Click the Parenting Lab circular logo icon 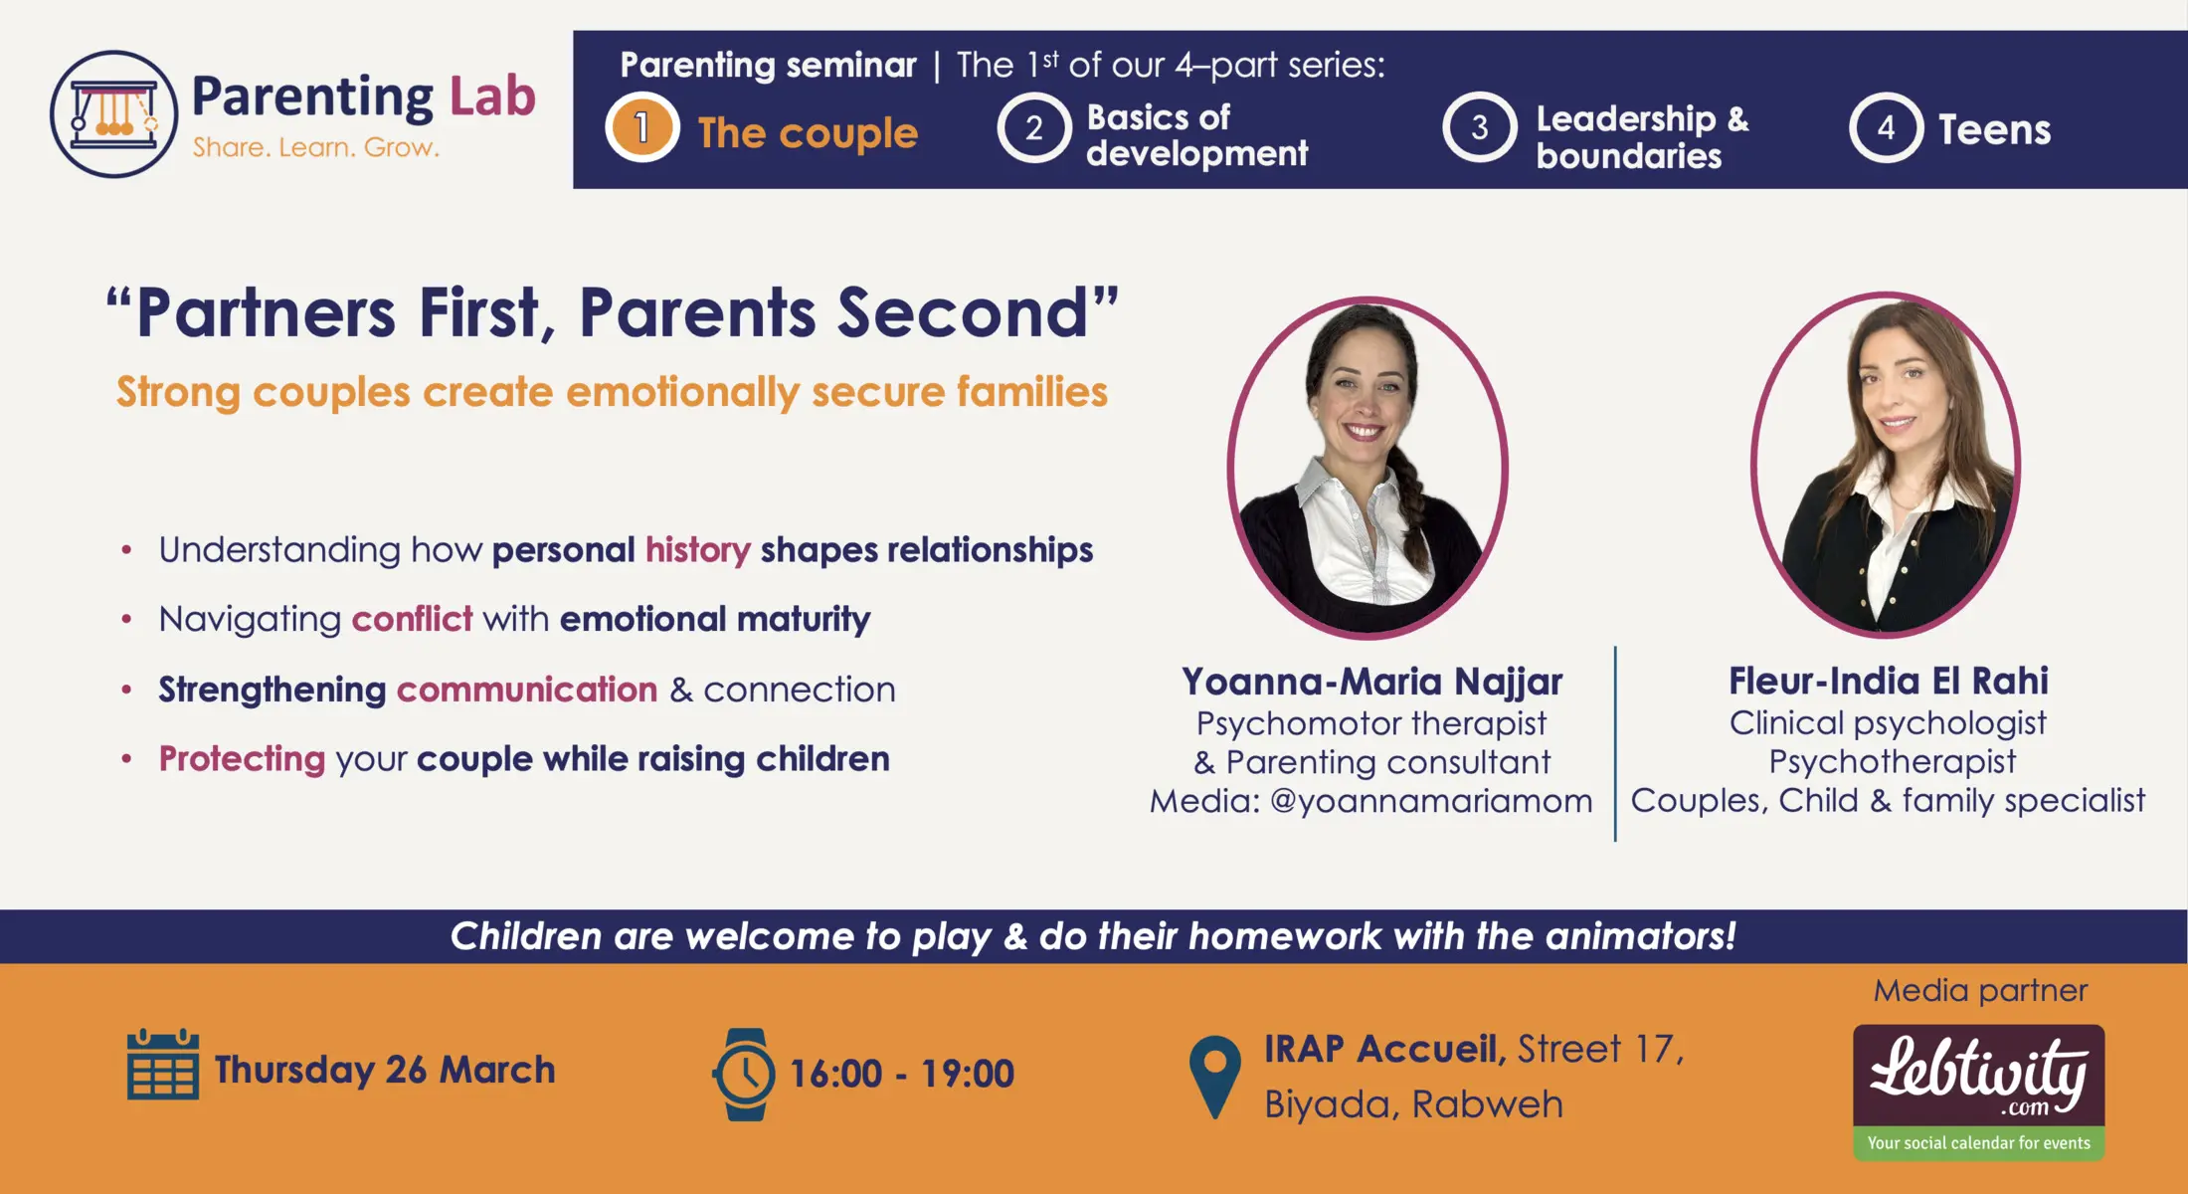[113, 113]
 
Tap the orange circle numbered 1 [642, 127]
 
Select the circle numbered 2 [1034, 127]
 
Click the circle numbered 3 [1480, 127]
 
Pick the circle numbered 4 [1886, 127]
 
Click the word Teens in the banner [1994, 129]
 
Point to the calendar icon [163, 1064]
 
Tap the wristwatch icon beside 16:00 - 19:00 [744, 1075]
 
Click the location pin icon [1214, 1077]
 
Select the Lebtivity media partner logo [1978, 1092]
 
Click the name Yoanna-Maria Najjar [1371, 682]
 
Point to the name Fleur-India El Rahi [1888, 681]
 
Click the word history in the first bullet [697, 549]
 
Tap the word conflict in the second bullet [412, 619]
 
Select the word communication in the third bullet [526, 689]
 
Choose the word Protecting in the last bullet [242, 759]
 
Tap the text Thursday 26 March [385, 1070]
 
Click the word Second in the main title [963, 312]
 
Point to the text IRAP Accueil [1384, 1049]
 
